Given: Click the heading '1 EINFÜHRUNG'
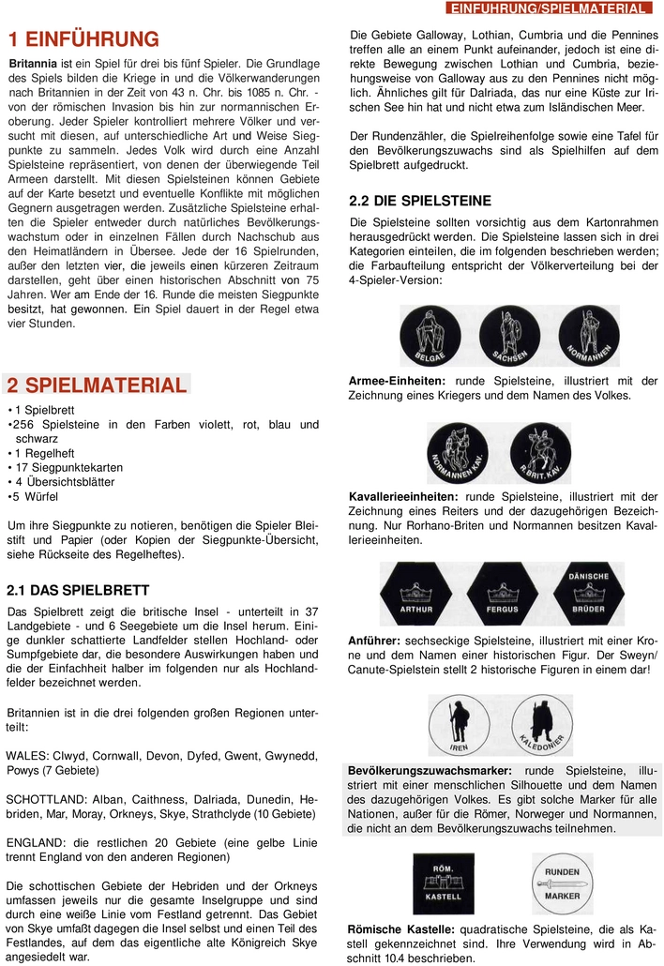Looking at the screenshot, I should coord(83,38).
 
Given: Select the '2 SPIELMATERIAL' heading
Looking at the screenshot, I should coord(97,385).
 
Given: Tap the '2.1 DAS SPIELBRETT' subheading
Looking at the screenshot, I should coord(78,590).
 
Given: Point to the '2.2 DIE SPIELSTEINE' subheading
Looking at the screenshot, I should coord(419,200).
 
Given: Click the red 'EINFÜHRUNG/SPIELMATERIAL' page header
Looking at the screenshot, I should coord(549,8).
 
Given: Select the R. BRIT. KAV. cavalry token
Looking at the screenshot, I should coord(538,454).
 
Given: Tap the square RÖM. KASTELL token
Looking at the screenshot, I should coord(443,882).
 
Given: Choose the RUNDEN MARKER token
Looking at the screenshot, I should coord(563,882).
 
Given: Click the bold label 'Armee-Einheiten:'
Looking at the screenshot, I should coord(398,381).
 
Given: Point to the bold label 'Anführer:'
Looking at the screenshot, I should coord(372,639).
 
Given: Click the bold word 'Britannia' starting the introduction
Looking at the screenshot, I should coord(33,62).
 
